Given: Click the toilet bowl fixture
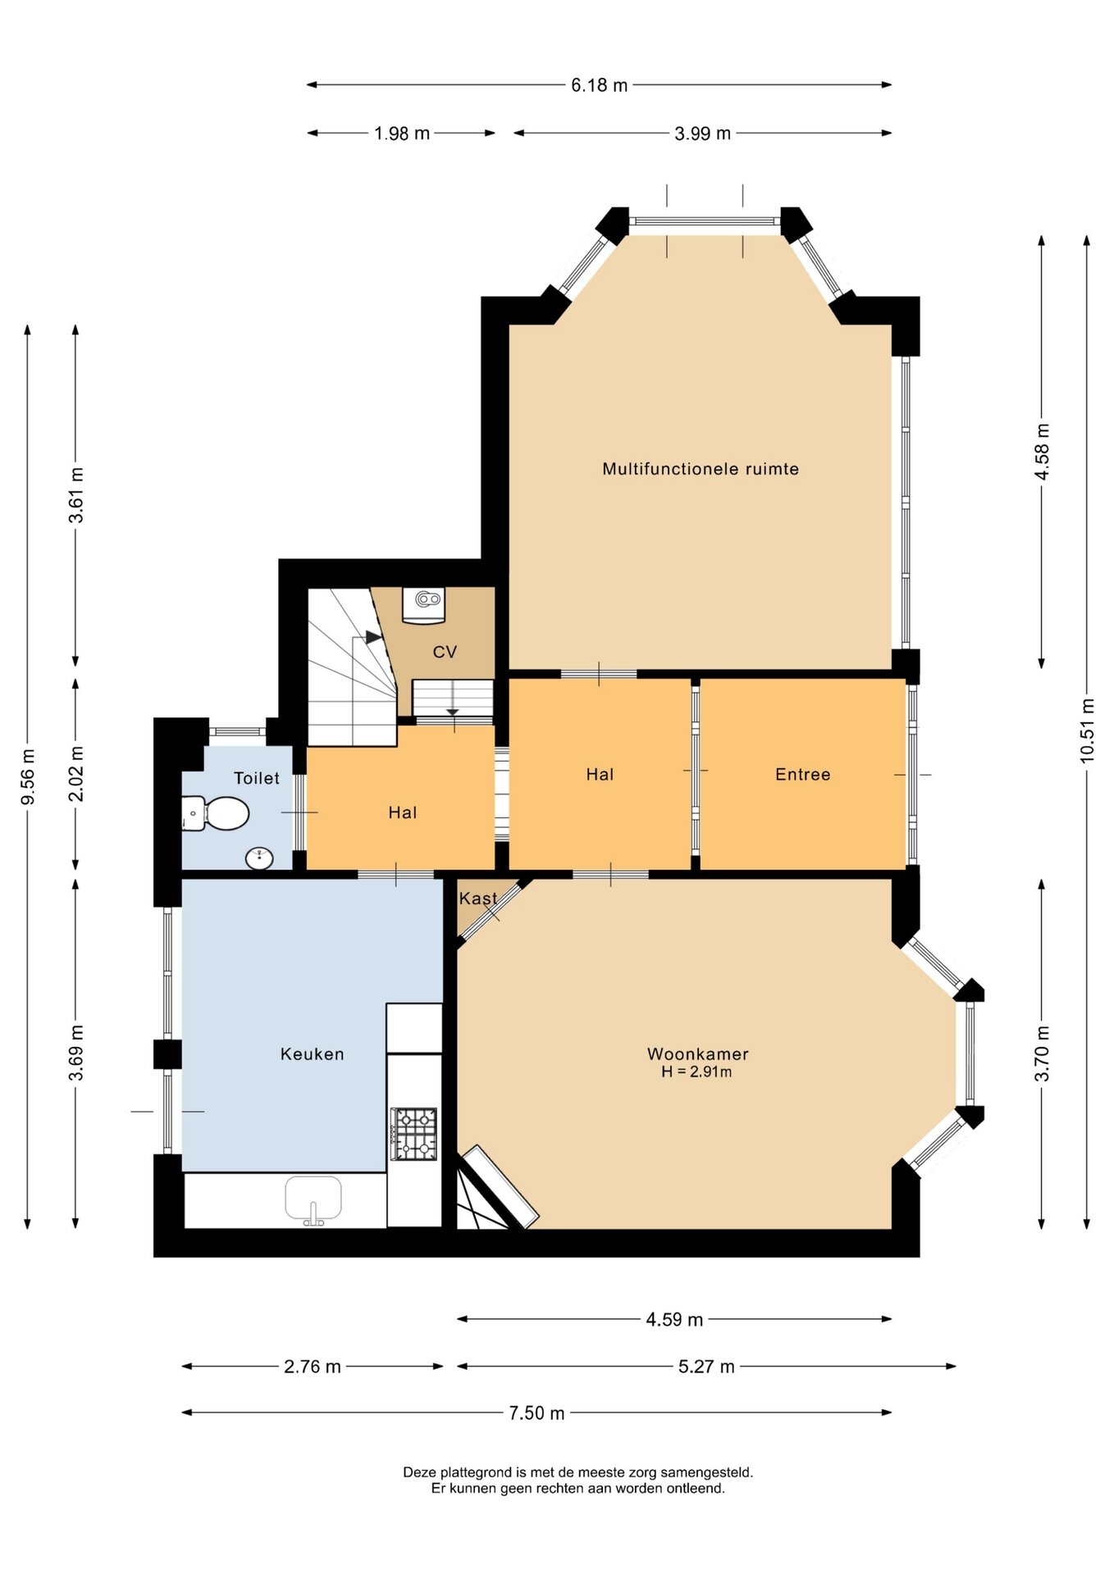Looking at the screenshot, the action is (215, 813).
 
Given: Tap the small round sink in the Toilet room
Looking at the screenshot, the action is (260, 858).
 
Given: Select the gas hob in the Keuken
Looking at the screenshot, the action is (414, 1134).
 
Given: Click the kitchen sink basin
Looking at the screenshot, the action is (313, 1199).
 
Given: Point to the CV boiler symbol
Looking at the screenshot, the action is (424, 605).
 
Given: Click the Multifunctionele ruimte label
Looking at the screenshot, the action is (701, 469).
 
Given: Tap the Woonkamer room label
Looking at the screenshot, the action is (698, 1053).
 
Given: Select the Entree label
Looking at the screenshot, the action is (803, 775).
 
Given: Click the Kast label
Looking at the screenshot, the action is (478, 898).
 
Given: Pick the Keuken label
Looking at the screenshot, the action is (313, 1054).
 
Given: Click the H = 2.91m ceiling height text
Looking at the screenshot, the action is (696, 1071).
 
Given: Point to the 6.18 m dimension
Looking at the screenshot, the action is (600, 85).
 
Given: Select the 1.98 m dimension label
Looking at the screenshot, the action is (402, 134).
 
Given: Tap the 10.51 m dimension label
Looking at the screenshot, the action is (1088, 730).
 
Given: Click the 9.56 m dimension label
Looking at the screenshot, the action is (28, 776).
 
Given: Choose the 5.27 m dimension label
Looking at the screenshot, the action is (706, 1367).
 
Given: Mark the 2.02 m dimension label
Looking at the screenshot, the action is (75, 774).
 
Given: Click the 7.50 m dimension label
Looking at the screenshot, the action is (536, 1413).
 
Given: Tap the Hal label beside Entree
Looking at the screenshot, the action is (600, 775).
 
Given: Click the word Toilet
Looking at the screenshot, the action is (257, 778).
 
